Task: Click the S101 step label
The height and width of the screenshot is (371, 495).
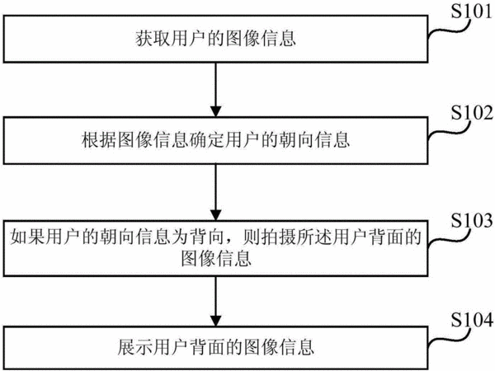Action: [471, 12]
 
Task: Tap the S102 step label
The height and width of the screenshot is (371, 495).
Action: [471, 113]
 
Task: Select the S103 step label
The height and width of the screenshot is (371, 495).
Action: [471, 220]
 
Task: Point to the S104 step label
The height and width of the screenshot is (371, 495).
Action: [471, 320]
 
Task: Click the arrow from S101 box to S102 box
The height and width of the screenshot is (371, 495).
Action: [216, 90]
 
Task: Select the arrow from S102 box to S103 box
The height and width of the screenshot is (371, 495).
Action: [216, 192]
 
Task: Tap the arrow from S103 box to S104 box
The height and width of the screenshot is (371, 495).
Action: [216, 301]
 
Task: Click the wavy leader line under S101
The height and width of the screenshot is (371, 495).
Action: [448, 31]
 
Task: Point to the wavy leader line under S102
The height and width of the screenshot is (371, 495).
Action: [448, 131]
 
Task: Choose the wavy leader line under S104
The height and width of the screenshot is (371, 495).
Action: [448, 339]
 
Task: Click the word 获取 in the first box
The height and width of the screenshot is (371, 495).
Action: [153, 39]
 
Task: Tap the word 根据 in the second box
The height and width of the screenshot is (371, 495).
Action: [100, 140]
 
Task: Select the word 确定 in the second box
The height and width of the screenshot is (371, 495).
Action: [207, 140]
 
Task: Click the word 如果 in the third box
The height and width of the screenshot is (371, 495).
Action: [28, 237]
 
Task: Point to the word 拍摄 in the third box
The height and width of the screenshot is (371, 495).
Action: [278, 237]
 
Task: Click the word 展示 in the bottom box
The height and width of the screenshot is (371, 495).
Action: [136, 347]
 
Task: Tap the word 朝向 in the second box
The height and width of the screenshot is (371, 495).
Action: [296, 140]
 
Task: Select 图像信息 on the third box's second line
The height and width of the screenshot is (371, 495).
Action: [216, 259]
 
